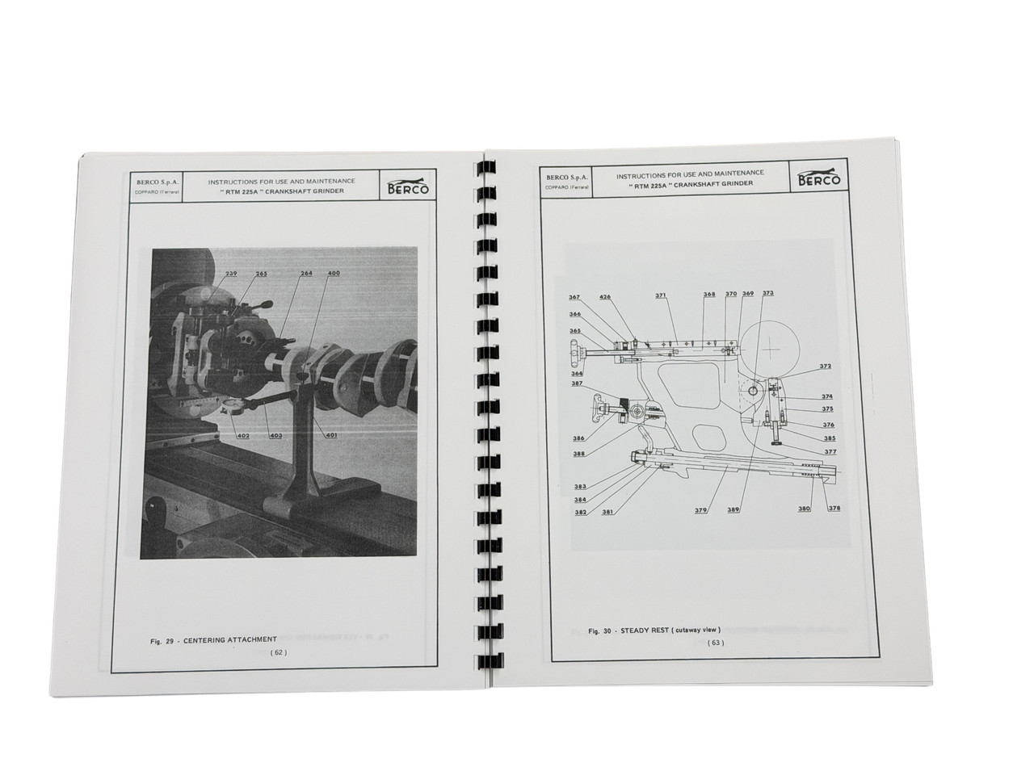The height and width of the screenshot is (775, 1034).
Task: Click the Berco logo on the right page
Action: [818, 179]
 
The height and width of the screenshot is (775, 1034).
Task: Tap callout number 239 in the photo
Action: [209, 274]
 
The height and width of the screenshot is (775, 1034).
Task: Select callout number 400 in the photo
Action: [333, 274]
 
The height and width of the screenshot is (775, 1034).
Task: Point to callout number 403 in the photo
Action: [276, 436]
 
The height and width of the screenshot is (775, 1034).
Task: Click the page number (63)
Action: [716, 643]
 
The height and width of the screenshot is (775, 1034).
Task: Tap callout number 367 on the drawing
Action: [574, 297]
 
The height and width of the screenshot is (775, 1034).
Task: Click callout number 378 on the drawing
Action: [834, 509]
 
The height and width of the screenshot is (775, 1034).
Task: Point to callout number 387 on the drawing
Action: [577, 383]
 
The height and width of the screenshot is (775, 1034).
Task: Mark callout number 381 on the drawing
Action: [607, 512]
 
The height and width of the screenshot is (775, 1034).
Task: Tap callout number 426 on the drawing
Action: [605, 297]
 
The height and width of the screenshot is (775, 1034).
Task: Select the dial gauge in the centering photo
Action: [235, 406]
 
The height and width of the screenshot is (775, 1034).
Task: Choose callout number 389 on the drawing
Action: [733, 509]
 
